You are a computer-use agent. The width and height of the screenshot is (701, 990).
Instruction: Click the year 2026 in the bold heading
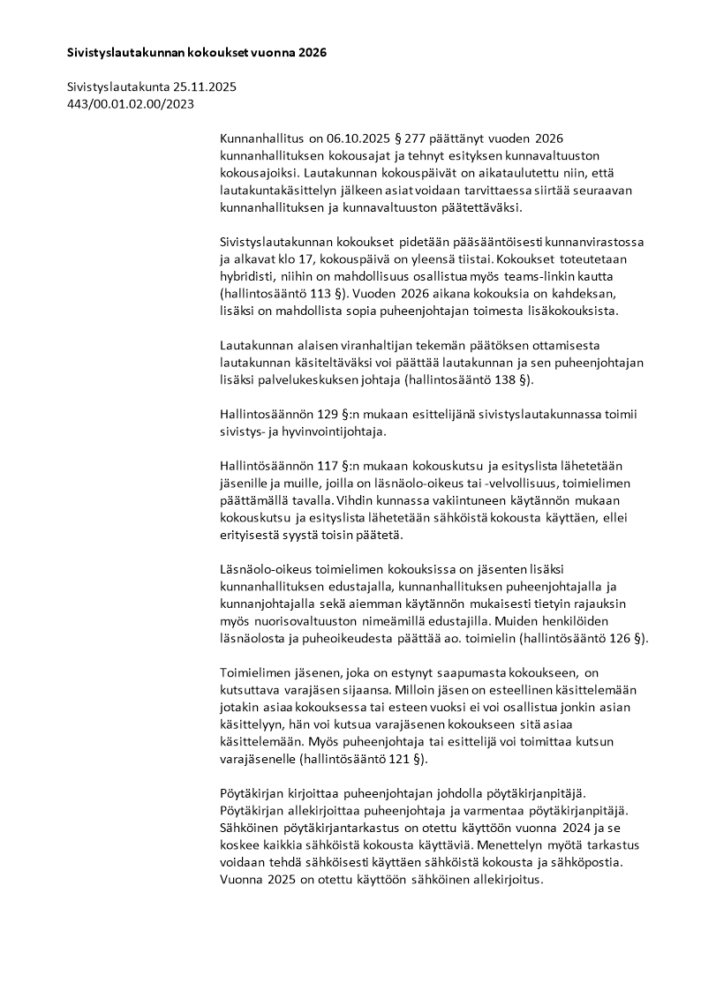point(312,53)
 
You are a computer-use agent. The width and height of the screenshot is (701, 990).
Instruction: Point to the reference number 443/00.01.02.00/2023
point(131,104)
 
